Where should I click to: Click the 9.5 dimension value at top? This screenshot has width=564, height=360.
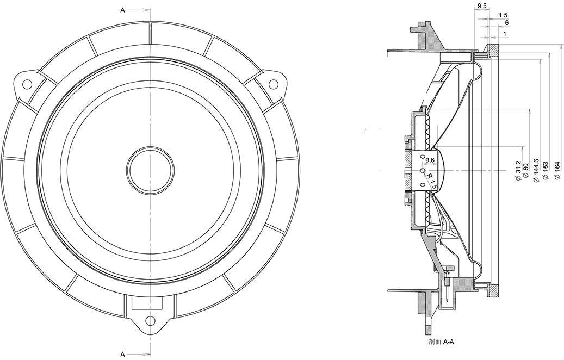[x=482, y=6]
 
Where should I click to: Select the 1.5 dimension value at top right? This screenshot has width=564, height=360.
[x=503, y=15]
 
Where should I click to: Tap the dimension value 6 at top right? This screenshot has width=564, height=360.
[x=507, y=23]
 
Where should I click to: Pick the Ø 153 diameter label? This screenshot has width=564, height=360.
[x=546, y=171]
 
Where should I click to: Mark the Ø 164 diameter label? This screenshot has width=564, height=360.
[x=557, y=171]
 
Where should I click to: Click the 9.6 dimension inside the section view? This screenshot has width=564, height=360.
[x=430, y=160]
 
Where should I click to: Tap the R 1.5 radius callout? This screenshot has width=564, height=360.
[x=431, y=181]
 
